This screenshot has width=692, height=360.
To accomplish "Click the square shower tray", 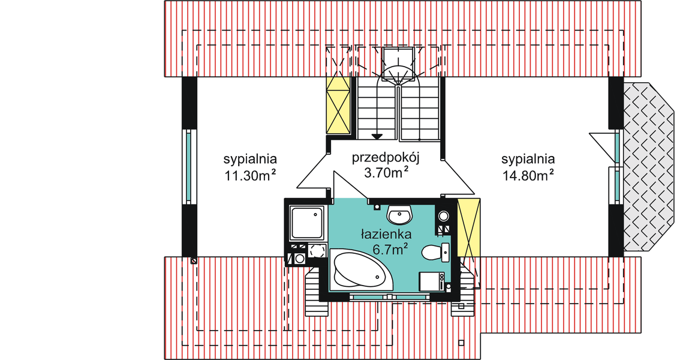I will pos(307,223).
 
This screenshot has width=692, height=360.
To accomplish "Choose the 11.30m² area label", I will pos(250,175).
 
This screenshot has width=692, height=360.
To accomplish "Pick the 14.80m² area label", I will pos(527,175).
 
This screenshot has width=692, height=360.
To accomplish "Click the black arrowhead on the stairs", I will pos(377,136).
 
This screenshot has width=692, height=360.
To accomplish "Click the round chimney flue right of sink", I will pos(444,216).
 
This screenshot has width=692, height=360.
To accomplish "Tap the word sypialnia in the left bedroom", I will pos(250,160).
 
